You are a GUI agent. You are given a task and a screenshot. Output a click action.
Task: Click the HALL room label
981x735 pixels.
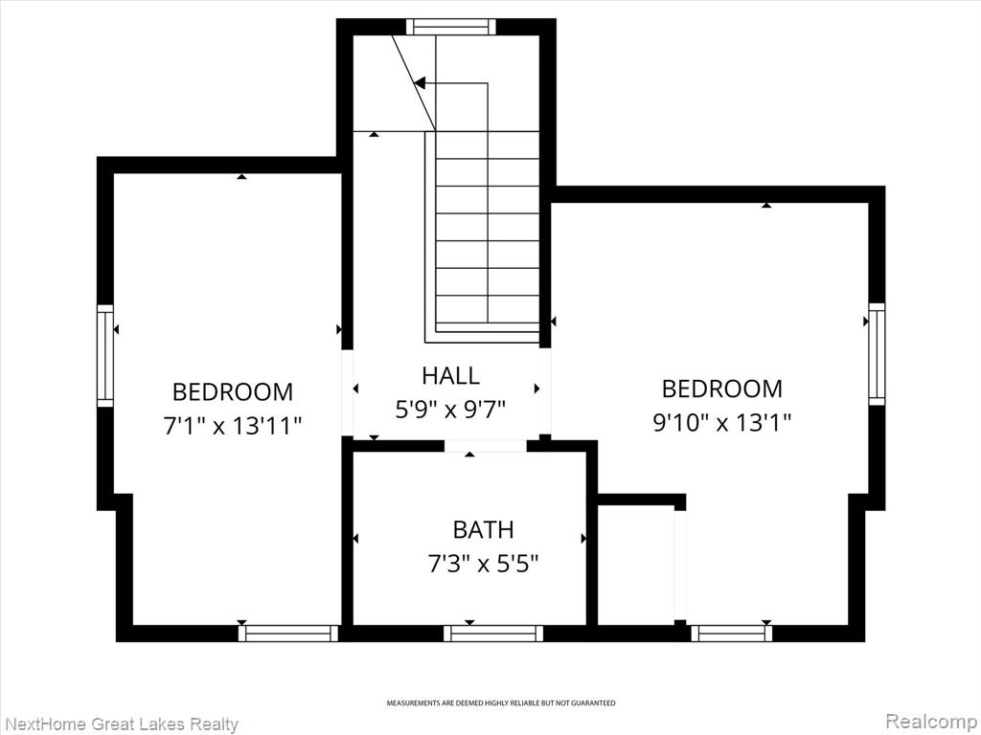tap(450, 375)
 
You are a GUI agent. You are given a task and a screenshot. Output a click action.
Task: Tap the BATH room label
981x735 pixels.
tap(483, 529)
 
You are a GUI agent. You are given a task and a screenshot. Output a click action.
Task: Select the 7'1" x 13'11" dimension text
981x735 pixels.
tap(233, 426)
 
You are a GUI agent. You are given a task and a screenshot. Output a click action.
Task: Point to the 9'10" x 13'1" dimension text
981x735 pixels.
tap(722, 423)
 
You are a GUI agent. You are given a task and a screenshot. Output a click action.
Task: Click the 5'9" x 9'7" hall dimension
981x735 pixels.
tap(450, 410)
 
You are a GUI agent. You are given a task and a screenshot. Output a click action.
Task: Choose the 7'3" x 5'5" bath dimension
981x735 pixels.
tap(483, 565)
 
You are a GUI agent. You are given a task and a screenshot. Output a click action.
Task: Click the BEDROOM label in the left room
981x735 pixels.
tap(233, 391)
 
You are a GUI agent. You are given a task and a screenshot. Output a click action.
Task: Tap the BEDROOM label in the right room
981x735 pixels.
tap(722, 389)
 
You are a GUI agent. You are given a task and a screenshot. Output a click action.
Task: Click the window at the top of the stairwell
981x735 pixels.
tap(450, 27)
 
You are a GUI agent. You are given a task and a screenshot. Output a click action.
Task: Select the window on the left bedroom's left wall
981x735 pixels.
tap(105, 356)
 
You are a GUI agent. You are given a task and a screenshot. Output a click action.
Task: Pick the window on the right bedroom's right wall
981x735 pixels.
tap(878, 354)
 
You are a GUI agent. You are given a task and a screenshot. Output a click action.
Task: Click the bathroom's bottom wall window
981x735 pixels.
tap(493, 634)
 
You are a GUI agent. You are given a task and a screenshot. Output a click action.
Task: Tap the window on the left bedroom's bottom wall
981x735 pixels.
tap(288, 634)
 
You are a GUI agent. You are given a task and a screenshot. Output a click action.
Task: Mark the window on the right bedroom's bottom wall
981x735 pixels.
tap(731, 634)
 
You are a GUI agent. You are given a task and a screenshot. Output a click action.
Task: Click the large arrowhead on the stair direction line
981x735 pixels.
tap(420, 82)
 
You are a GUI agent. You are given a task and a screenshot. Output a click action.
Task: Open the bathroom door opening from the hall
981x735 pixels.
tap(486, 446)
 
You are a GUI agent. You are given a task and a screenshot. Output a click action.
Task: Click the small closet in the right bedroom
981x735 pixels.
tap(636, 565)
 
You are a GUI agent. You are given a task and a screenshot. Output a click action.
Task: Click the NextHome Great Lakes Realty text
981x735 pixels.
tap(120, 724)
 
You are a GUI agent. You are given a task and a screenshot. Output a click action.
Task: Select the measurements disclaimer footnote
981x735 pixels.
tap(500, 703)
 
